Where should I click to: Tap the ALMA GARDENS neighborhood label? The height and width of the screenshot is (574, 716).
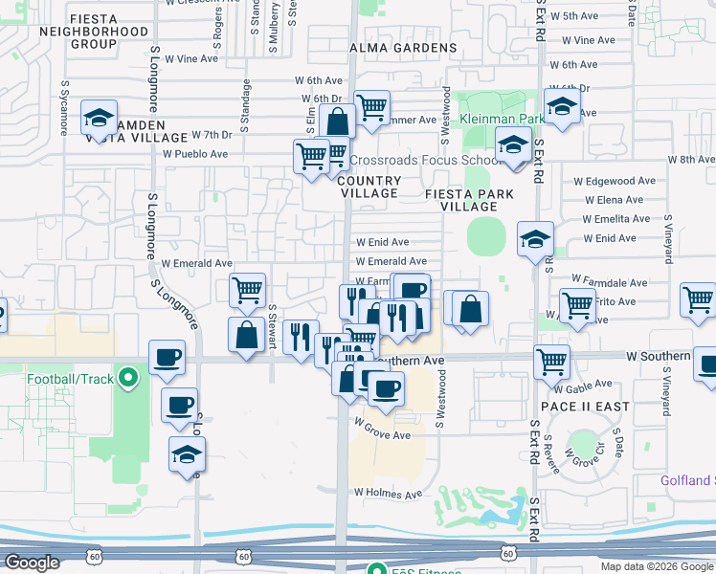coord(403,48)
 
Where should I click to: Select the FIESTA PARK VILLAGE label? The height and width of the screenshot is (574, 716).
coord(470,200)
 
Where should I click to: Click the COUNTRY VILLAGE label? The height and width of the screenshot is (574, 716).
coord(369,187)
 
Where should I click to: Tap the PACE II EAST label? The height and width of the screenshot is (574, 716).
coord(591,407)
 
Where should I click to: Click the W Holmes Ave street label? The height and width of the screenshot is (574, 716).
coord(388,495)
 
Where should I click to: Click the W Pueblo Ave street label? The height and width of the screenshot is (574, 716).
coord(195,153)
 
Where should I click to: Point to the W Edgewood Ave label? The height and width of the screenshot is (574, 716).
coord(615,180)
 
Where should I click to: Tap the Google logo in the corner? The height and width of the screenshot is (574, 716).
coord(32,563)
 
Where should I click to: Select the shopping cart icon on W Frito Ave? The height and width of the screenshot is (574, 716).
coord(577,306)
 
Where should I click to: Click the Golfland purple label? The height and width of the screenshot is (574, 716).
coord(687,480)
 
